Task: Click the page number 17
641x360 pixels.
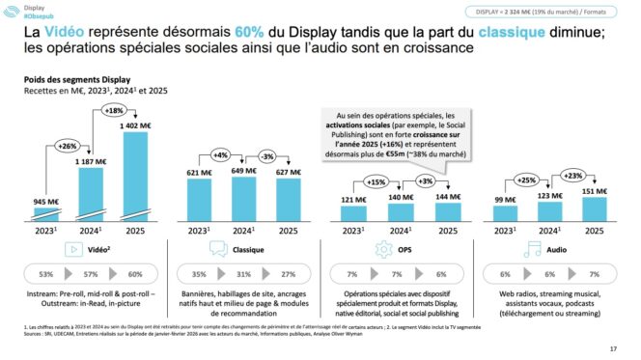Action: coord(614,348)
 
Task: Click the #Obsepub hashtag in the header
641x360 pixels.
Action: coord(45,15)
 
